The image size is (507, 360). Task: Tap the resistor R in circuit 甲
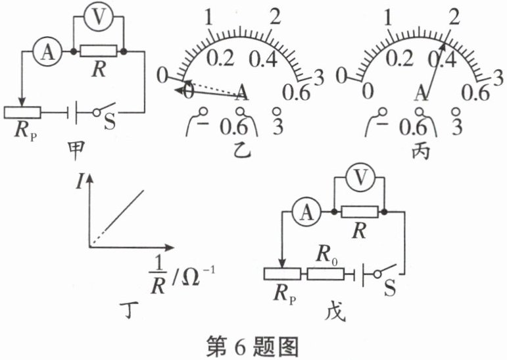coord(99,50)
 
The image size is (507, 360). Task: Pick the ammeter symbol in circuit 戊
coord(305,212)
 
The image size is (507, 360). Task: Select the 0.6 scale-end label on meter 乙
coord(296,93)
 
